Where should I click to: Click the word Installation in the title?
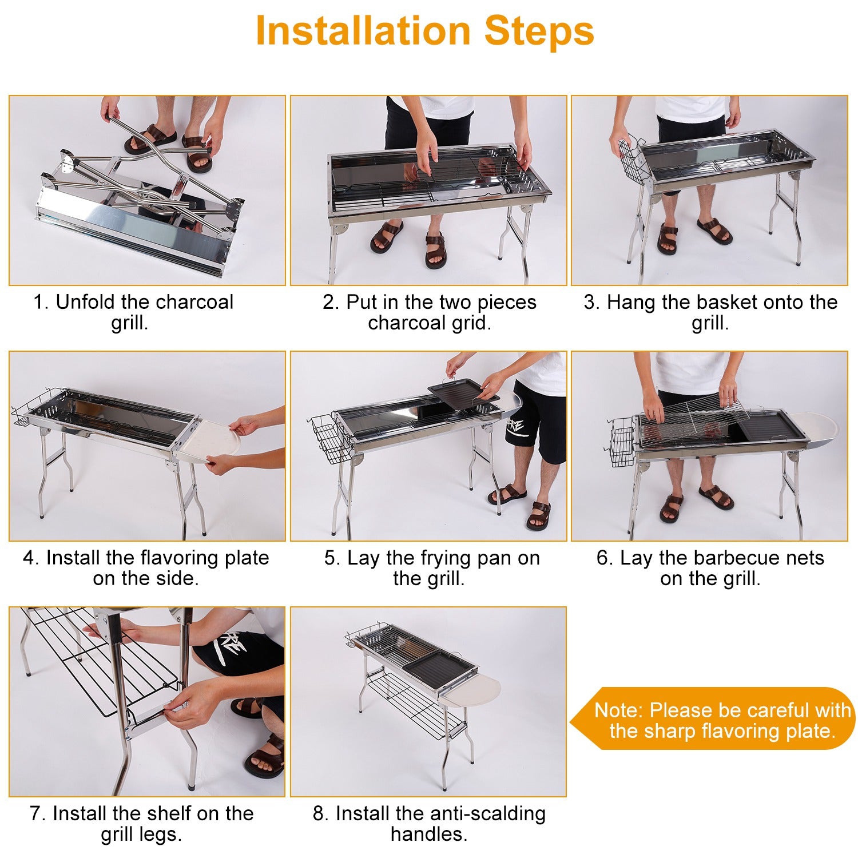(363, 31)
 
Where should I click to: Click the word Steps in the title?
(539, 31)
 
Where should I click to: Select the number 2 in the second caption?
(331, 302)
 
